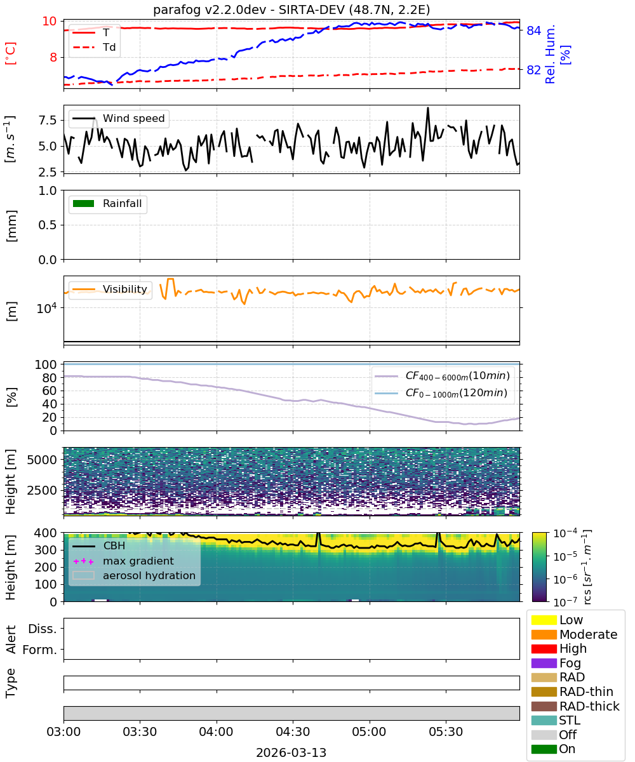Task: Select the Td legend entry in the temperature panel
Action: point(94,48)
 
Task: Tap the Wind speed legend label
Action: point(133,118)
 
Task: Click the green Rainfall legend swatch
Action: point(84,204)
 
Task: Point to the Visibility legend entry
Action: point(110,289)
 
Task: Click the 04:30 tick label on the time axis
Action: point(293,732)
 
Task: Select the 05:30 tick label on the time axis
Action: point(446,732)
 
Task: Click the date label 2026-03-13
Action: point(291,752)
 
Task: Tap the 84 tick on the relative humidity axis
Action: point(533,30)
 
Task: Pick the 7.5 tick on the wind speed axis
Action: point(48,121)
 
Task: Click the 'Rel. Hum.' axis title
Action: point(550,55)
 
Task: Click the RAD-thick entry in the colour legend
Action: point(575,706)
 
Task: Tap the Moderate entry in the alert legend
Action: point(574,634)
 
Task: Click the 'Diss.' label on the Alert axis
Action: point(43,629)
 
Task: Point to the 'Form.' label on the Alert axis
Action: point(40,650)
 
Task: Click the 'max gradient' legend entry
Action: point(124,561)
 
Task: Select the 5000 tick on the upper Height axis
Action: point(42,460)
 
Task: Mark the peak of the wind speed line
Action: point(428,108)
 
